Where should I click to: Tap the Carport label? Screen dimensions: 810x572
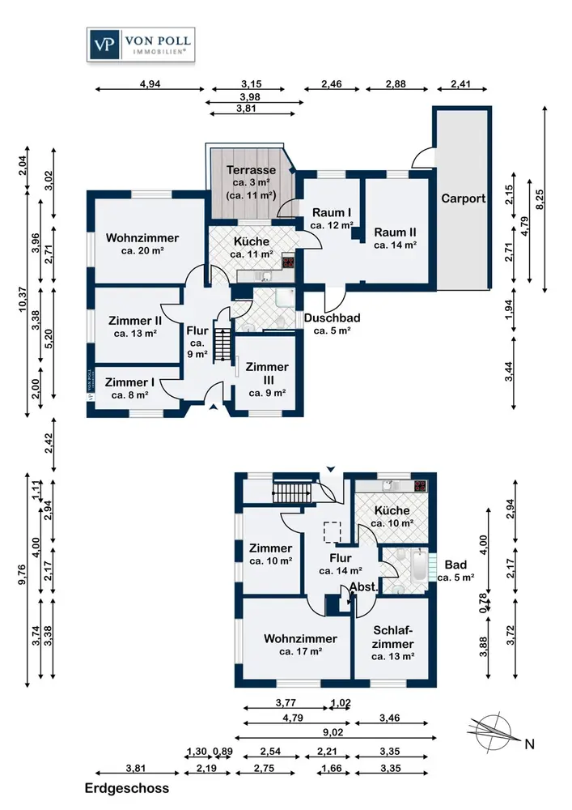point(463,198)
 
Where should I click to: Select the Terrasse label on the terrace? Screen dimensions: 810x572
point(251,171)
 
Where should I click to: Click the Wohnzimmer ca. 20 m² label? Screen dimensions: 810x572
point(142,238)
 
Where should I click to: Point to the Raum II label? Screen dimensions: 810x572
point(395,232)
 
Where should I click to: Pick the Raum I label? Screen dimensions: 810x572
point(332,213)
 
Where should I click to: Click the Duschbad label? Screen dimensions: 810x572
point(332,318)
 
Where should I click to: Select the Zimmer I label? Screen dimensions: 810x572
point(129,383)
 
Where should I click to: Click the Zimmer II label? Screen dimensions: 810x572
point(136,321)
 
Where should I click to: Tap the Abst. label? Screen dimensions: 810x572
point(362,587)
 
